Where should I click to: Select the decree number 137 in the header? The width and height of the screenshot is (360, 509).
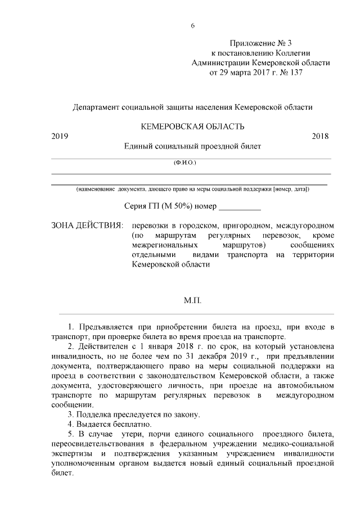pyautogui.click(x=295, y=73)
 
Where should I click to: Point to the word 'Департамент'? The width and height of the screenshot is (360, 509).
pyautogui.click(x=97, y=106)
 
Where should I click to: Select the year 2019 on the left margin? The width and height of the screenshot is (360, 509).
pyautogui.click(x=60, y=136)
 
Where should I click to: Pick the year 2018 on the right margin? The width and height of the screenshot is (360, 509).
pyautogui.click(x=320, y=136)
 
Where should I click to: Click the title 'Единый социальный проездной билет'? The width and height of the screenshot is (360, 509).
pyautogui.click(x=193, y=146)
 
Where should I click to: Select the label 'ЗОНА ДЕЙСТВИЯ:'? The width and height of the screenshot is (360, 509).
pyautogui.click(x=87, y=226)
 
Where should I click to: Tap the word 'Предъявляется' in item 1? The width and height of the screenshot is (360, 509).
pyautogui.click(x=105, y=327)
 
